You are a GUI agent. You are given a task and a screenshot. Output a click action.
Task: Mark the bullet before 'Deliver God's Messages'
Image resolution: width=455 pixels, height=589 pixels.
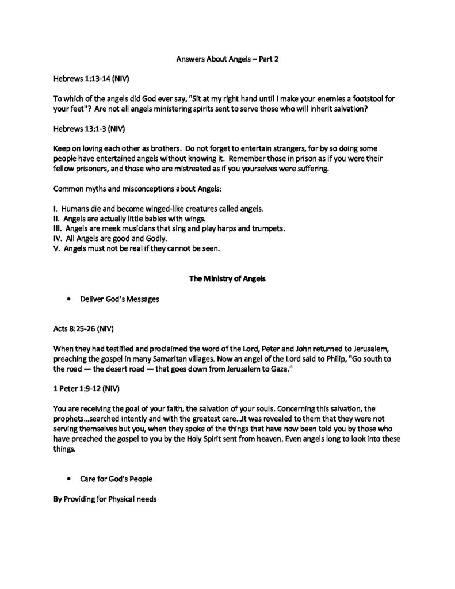click(x=69, y=300)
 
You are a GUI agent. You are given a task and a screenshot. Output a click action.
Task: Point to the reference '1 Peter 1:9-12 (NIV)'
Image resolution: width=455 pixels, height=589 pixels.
click(x=85, y=388)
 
